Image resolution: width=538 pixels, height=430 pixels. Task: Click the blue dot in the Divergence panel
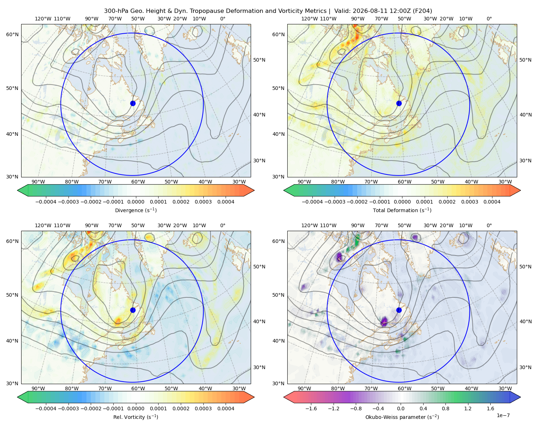click(x=133, y=104)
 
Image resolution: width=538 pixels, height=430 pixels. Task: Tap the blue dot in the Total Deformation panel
click(x=399, y=104)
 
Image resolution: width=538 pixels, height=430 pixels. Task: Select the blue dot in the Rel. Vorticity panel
click(x=133, y=310)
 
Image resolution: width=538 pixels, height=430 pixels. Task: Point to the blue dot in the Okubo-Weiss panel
click(x=399, y=310)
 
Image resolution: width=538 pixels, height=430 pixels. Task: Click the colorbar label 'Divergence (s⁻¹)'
click(x=136, y=210)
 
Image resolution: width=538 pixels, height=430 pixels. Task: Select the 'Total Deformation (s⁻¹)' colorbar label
click(x=402, y=210)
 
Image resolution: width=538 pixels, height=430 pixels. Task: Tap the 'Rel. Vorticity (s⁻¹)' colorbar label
click(x=136, y=417)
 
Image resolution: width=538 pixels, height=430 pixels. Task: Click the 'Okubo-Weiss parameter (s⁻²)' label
click(x=402, y=417)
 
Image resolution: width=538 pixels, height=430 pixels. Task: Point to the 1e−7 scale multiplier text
click(x=503, y=416)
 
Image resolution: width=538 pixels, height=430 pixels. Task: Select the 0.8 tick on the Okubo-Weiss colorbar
click(x=445, y=408)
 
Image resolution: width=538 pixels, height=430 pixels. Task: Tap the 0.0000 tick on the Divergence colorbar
click(x=136, y=202)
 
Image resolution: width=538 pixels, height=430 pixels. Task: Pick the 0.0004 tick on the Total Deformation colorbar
click(x=492, y=202)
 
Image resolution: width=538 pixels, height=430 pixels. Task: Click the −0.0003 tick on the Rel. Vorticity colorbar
click(x=68, y=408)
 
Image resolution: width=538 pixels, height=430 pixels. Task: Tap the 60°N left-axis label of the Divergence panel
click(x=12, y=34)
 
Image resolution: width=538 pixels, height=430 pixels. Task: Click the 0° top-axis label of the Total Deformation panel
click(x=489, y=19)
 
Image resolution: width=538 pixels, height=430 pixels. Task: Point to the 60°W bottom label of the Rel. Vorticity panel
click(x=138, y=388)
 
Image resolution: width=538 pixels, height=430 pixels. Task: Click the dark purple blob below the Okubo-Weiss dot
click(x=384, y=321)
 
